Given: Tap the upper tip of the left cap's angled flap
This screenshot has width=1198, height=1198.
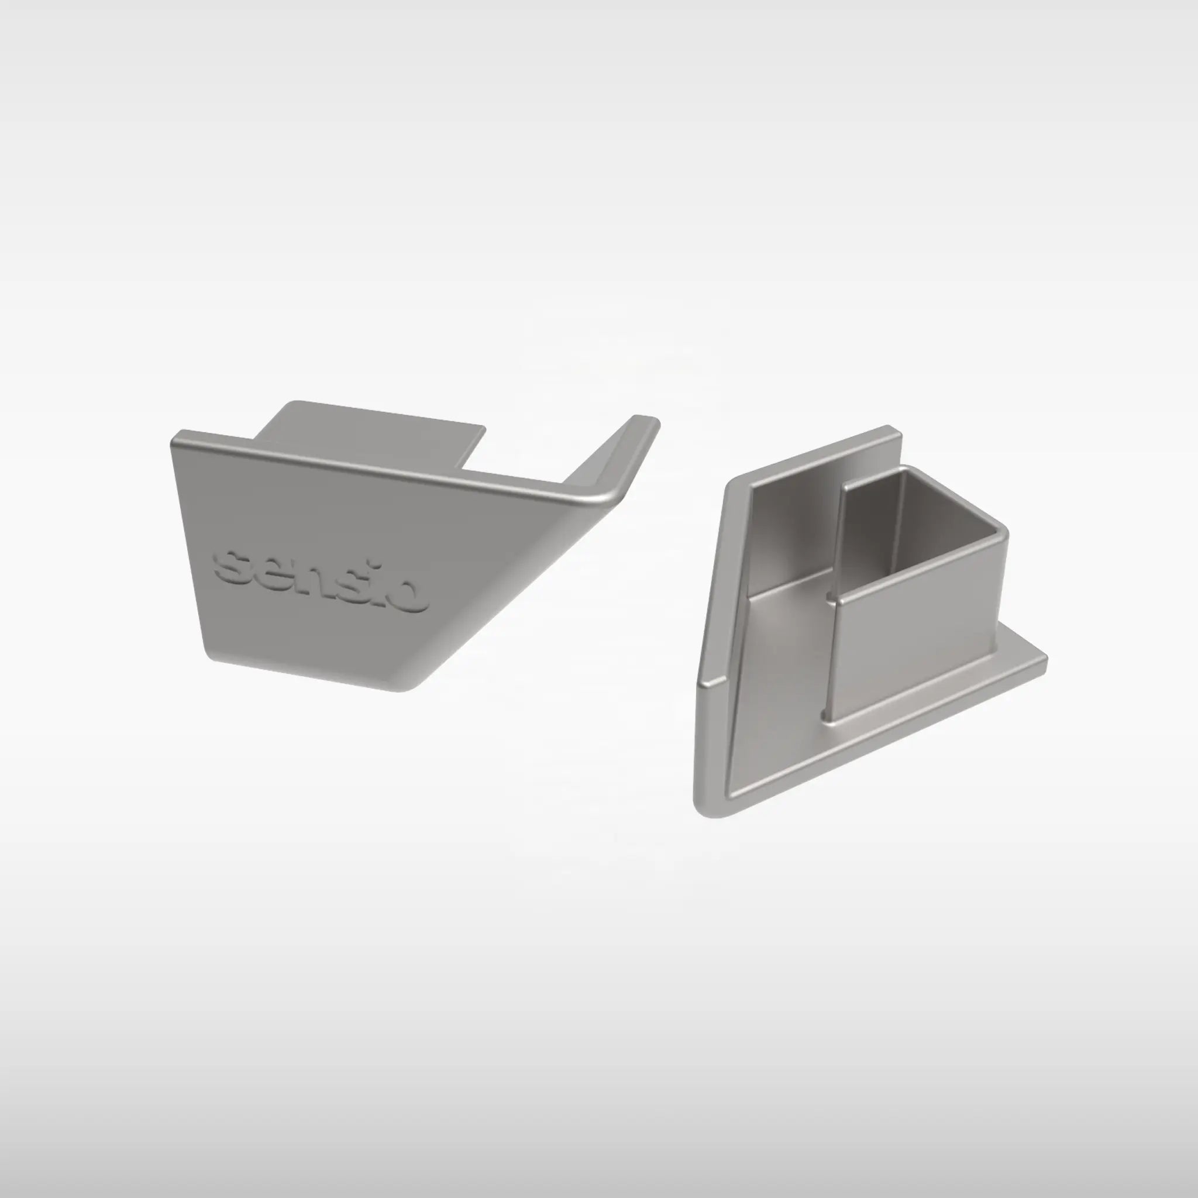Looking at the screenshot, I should tap(645, 422).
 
